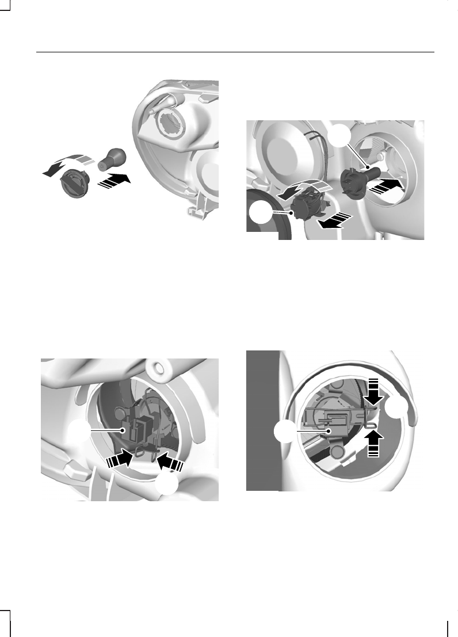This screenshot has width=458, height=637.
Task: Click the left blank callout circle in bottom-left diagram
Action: (78, 430)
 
